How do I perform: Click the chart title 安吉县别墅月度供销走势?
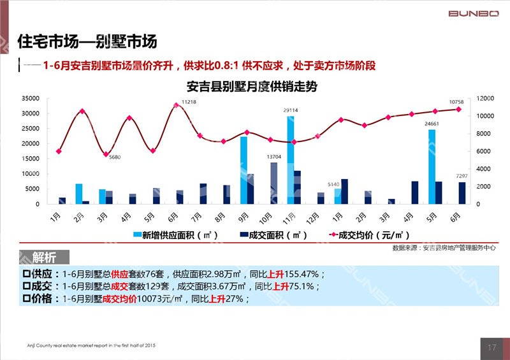pos(252,87)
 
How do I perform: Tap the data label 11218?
pos(189,102)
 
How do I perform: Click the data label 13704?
pos(274,157)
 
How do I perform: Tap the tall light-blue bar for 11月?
pos(291,159)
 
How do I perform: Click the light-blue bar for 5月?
pos(432,166)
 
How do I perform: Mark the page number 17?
pos(492,347)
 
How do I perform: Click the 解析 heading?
pos(44,257)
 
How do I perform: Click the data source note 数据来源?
pos(444,247)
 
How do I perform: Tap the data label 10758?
pos(456,102)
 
